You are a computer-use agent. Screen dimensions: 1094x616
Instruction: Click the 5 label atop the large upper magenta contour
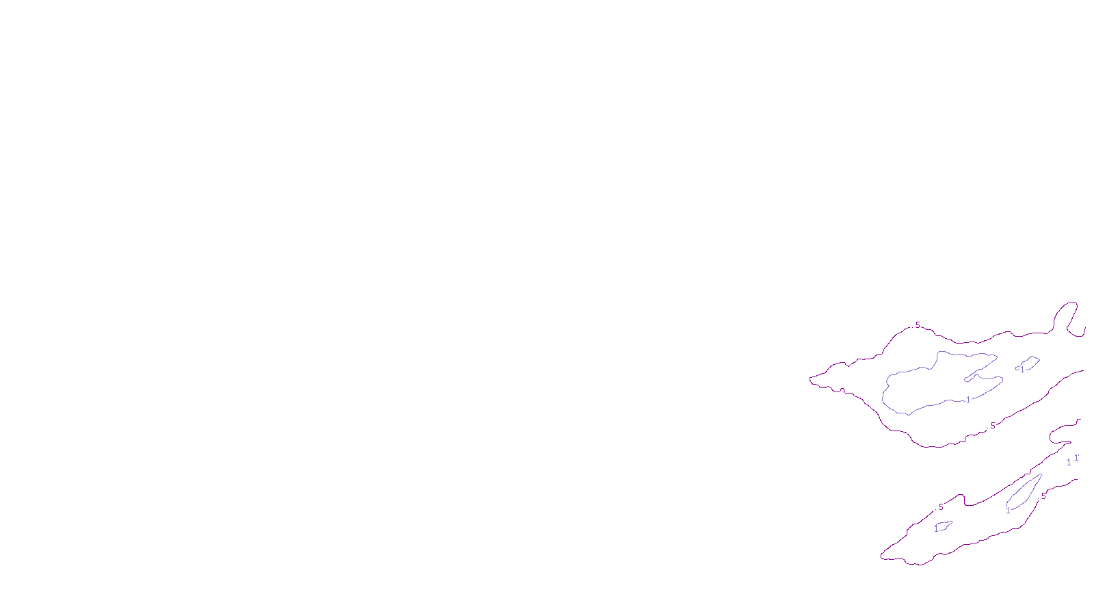918,325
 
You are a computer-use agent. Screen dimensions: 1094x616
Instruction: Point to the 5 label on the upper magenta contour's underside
993,426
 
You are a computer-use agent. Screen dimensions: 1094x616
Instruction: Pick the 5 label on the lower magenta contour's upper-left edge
941,507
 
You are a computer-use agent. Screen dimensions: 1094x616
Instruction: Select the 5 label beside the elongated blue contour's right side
1043,496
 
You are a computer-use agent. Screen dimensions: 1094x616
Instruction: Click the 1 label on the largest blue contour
968,400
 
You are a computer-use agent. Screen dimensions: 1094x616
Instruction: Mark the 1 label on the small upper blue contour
1022,370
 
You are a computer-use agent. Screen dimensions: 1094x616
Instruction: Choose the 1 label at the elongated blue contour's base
1008,511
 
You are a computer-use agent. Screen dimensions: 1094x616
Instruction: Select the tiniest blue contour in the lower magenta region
944,526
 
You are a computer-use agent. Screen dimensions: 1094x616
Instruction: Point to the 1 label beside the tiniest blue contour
936,529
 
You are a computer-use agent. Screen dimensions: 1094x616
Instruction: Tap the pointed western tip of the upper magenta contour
811,379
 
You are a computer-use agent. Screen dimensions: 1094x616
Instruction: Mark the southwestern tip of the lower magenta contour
882,556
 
